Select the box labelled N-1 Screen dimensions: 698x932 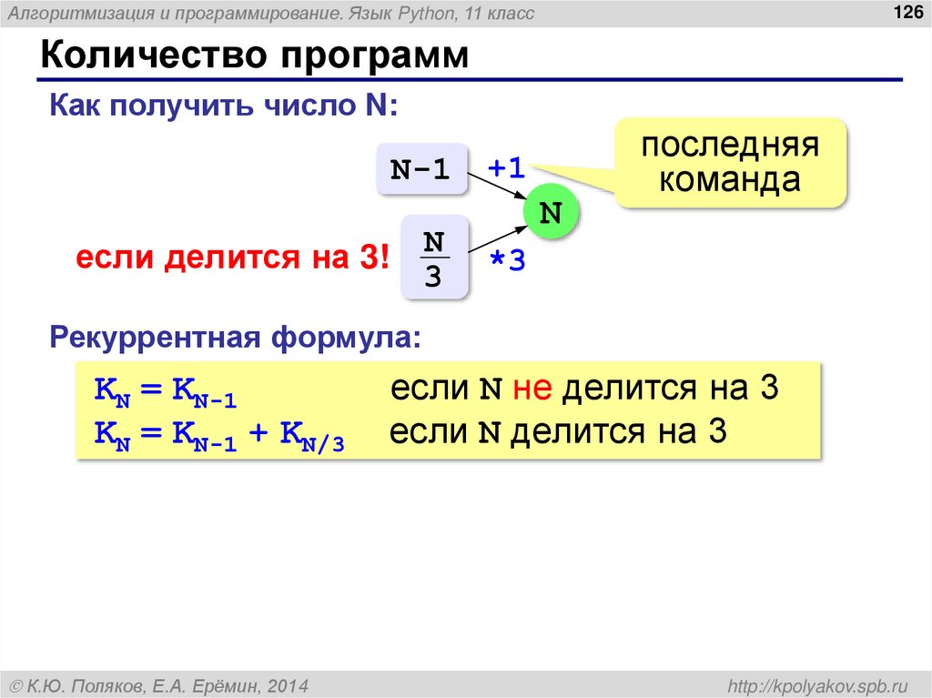click(x=420, y=169)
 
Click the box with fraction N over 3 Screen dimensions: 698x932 click(x=434, y=259)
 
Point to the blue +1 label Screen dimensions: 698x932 click(x=507, y=168)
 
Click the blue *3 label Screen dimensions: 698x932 click(x=508, y=261)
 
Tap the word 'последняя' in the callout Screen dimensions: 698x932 click(x=730, y=147)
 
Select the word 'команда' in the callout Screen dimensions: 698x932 click(x=730, y=179)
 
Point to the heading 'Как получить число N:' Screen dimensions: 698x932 click(x=223, y=106)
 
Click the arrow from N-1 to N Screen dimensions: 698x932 click(x=496, y=186)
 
